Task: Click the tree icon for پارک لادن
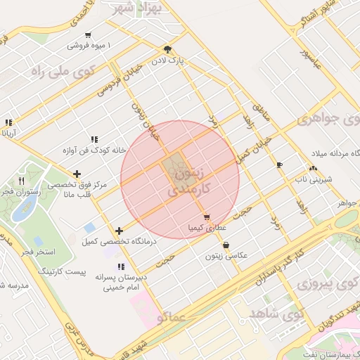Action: coord(168,49)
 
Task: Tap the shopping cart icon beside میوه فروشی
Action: coord(87,35)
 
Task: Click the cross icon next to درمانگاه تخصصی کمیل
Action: coord(119,231)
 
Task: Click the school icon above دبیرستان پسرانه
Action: coord(121,267)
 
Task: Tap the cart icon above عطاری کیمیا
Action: coord(206,217)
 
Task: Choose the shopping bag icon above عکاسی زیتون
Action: coord(226,245)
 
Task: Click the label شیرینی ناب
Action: coord(310,181)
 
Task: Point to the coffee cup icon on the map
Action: coord(280,165)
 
